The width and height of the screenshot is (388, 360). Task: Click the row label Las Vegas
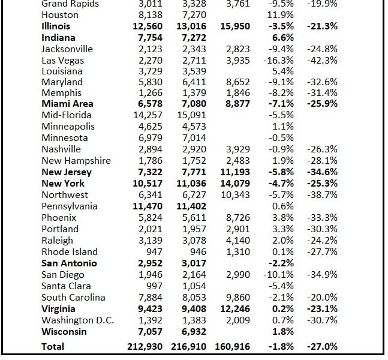click(x=62, y=60)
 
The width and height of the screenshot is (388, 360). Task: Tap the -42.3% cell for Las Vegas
click(x=322, y=60)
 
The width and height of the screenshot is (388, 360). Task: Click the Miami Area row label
click(x=67, y=104)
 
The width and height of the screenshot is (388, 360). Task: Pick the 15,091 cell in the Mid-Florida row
click(x=193, y=115)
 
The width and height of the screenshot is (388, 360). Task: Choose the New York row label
click(x=63, y=184)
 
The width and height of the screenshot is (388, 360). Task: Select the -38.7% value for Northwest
click(x=322, y=195)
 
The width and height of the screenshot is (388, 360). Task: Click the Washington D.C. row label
click(x=77, y=320)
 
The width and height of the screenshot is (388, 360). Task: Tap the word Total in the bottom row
click(x=53, y=346)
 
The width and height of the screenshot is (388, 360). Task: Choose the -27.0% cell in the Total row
click(x=322, y=346)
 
